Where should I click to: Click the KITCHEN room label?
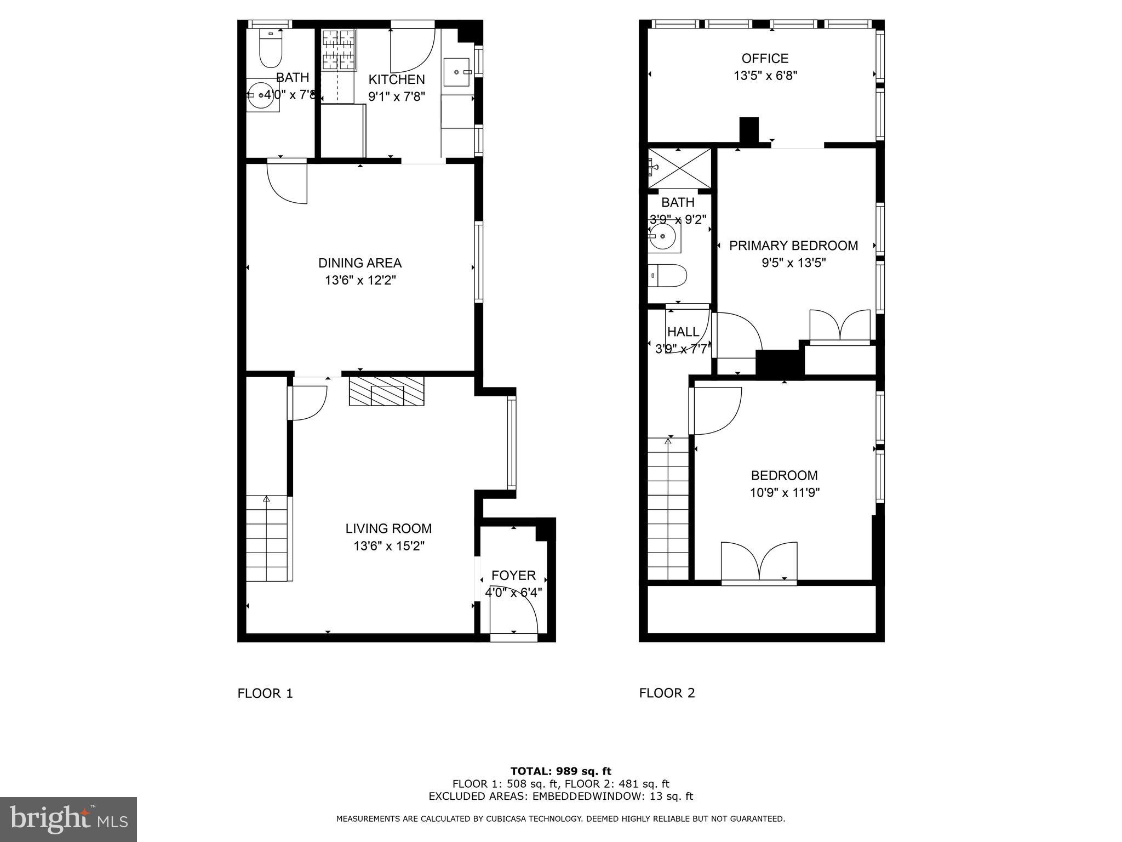[x=396, y=79]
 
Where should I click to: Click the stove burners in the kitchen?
[x=338, y=50]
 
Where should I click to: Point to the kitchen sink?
[x=456, y=72]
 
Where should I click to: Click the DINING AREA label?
[x=360, y=263]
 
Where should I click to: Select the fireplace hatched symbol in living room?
[x=387, y=391]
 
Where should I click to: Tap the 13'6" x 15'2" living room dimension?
[x=389, y=546]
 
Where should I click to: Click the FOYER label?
[x=513, y=576]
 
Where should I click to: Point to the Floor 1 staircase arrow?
[x=267, y=499]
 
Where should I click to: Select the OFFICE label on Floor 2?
[x=765, y=58]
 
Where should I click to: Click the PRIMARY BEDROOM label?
[x=793, y=246]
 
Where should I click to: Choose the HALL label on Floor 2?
[x=683, y=332]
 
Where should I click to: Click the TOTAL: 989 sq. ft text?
[x=560, y=771]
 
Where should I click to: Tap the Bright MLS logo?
[x=68, y=819]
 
